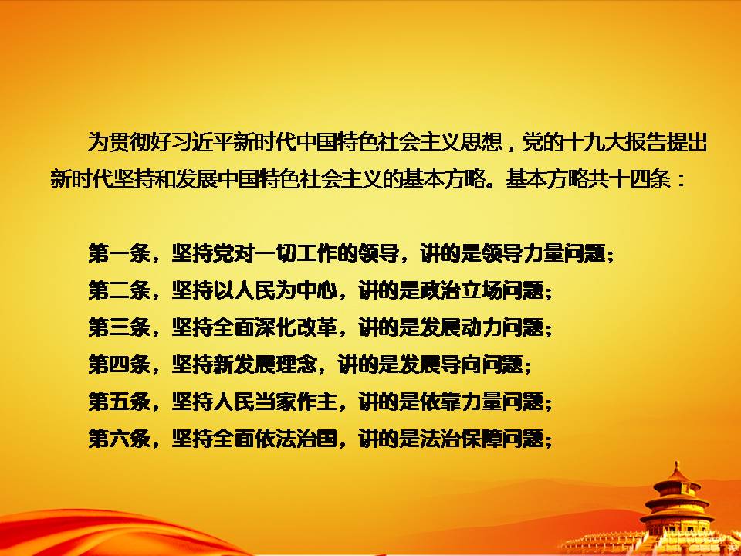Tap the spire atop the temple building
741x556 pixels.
point(677,467)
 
